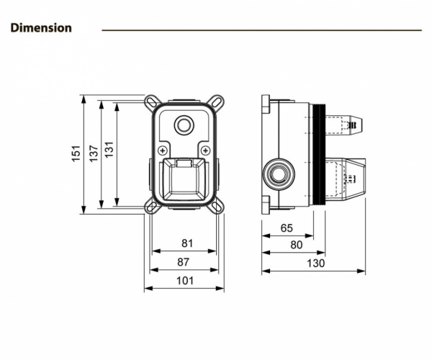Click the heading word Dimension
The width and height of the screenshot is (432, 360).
coord(41,28)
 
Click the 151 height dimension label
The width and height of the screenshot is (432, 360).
coord(76,153)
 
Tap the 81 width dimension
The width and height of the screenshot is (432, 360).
coord(187,244)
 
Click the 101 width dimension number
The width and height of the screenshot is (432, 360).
coord(186,281)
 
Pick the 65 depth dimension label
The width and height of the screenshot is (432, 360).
coord(286,228)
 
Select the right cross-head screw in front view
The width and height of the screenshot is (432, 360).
coord(207,150)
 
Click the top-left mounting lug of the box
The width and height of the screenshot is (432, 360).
coord(152,100)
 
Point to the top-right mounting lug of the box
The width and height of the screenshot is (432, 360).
coord(217,100)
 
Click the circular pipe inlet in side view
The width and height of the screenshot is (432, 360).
coord(277,174)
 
